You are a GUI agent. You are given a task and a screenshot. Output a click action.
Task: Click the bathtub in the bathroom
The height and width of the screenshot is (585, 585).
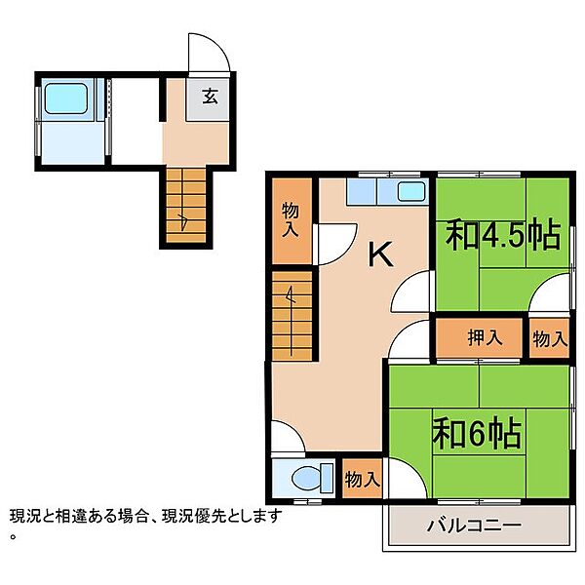click(x=66, y=98)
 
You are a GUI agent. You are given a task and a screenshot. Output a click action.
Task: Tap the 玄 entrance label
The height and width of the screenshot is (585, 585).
click(x=210, y=97)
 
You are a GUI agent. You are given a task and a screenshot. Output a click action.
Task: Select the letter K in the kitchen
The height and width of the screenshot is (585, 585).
click(x=380, y=254)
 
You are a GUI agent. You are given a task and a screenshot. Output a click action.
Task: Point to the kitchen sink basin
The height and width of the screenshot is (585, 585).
click(x=411, y=192)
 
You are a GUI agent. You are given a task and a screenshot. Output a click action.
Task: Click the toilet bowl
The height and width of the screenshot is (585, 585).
click(x=305, y=479)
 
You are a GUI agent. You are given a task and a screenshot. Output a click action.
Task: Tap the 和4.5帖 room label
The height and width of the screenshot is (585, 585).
click(x=504, y=236)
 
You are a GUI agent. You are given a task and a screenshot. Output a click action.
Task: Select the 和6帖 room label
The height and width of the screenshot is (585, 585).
click(x=477, y=434)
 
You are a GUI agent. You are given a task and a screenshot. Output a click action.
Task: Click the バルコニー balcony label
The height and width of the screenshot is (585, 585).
click(x=474, y=526)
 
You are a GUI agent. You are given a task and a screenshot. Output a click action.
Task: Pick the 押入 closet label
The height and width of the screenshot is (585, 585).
click(x=485, y=338)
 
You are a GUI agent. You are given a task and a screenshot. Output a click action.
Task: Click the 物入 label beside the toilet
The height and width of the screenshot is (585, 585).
click(x=363, y=479)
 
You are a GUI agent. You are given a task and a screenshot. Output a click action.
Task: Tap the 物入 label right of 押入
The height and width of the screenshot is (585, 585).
click(x=550, y=339)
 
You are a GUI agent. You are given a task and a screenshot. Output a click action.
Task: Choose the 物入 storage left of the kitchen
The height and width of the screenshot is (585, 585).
click(x=291, y=219)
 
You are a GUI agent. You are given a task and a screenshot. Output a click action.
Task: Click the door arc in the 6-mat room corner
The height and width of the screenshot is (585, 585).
click(x=415, y=472)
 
